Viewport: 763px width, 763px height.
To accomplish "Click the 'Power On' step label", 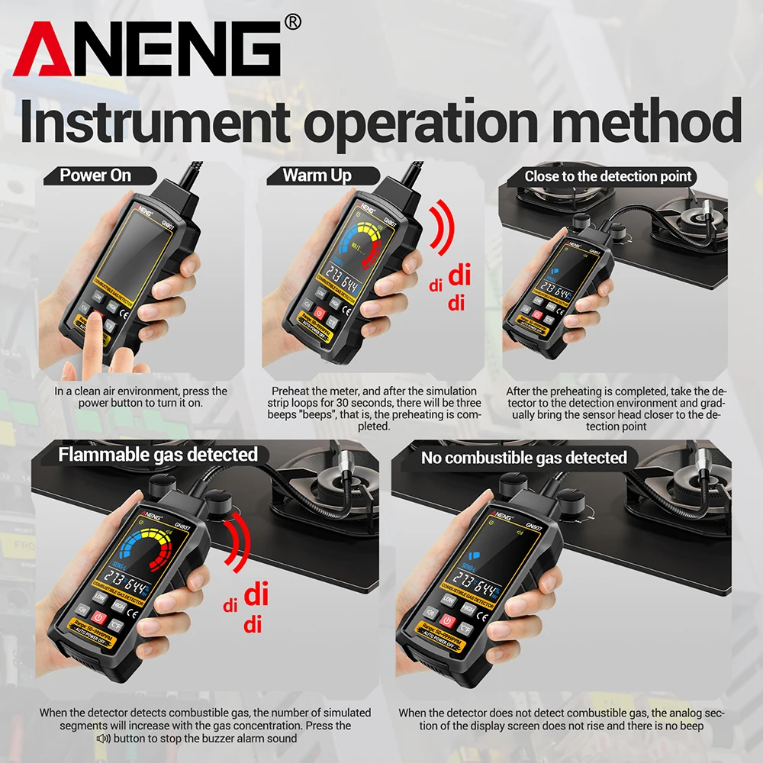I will tap(95, 175).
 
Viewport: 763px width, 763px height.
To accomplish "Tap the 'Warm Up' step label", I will tap(317, 175).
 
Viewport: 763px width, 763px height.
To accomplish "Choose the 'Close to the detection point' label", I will tap(607, 176).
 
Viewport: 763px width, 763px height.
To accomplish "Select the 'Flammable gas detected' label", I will tap(158, 455).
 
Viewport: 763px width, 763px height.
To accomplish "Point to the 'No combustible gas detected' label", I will tap(523, 458).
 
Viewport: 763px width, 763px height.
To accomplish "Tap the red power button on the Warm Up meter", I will tap(319, 313).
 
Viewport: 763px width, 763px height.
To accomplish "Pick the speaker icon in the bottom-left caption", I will tap(103, 739).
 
